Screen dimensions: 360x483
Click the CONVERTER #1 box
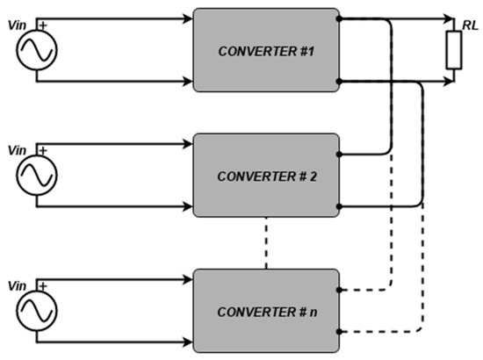(x=265, y=49)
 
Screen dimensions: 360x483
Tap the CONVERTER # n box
(x=265, y=310)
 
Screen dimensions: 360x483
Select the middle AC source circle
(x=36, y=174)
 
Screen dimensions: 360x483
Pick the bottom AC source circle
(x=36, y=310)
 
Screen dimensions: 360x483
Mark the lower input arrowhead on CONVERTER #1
(x=187, y=82)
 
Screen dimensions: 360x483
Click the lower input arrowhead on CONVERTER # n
(x=187, y=343)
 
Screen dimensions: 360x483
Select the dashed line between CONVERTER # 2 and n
(x=265, y=242)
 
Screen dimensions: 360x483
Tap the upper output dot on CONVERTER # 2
(x=340, y=155)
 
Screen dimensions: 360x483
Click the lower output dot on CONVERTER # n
(x=340, y=331)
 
